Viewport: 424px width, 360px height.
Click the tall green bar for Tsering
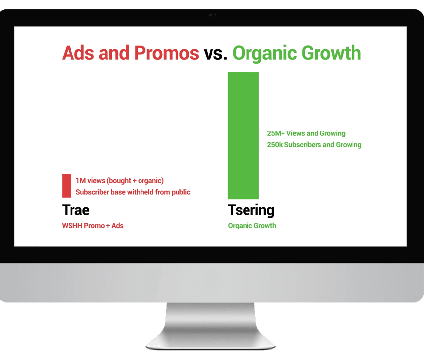pos(243,136)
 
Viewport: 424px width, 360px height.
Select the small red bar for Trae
pos(67,186)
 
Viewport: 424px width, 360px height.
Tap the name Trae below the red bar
pos(76,210)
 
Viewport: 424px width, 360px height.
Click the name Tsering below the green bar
pos(251,210)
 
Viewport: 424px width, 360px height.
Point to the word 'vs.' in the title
pos(215,53)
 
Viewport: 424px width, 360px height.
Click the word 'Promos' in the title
pos(167,53)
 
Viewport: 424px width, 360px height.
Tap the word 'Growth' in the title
pos(331,53)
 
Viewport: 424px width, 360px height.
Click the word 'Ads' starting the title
pos(78,53)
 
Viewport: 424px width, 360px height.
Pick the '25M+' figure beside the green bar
pos(276,133)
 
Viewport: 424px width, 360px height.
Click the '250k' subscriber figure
pos(275,145)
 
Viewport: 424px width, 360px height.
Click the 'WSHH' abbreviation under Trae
pos(72,226)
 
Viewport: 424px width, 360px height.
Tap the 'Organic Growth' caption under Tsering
pos(252,226)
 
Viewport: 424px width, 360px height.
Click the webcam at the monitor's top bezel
pos(211,15)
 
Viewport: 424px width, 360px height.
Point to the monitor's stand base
pos(211,342)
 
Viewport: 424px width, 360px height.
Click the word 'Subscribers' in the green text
pos(303,145)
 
